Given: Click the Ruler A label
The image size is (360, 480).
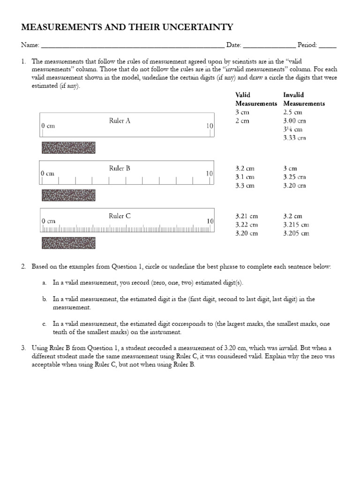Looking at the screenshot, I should [120, 121].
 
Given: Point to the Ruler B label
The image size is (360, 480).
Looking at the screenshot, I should [120, 168].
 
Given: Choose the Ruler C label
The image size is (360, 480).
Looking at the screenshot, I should [120, 216].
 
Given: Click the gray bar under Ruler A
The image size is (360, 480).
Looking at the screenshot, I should [68, 148].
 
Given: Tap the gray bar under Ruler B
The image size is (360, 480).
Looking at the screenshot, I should [68, 195].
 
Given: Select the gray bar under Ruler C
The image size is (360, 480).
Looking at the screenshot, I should [68, 243].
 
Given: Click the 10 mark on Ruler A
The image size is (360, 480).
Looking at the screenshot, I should [210, 126].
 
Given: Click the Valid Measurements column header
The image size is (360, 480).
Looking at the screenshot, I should [256, 99].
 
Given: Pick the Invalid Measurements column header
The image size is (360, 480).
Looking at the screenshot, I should [304, 99].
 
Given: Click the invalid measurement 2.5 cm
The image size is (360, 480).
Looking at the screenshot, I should [292, 112].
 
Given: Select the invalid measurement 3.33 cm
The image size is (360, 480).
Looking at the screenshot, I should [294, 138].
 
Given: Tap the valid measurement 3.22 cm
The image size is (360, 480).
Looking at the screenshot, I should [247, 225].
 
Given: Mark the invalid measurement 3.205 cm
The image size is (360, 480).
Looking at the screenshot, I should [296, 233].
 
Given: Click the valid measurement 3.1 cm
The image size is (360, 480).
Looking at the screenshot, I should [245, 177].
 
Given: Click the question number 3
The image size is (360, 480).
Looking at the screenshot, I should [23, 348].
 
